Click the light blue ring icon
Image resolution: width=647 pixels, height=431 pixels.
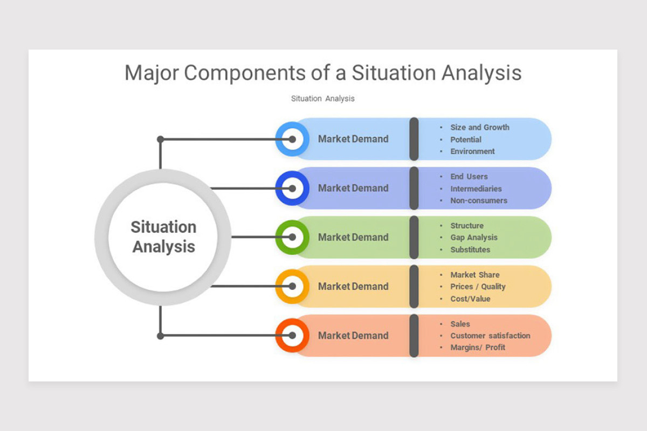click(x=292, y=139)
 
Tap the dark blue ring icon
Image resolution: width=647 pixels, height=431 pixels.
click(x=292, y=188)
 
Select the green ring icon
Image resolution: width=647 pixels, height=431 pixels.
click(x=292, y=237)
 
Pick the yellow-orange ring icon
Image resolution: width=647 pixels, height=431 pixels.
click(x=292, y=286)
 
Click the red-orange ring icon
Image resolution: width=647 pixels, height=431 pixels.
click(x=292, y=335)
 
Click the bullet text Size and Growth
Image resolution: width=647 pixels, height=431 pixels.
click(x=479, y=128)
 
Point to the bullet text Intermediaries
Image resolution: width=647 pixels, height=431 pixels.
click(x=476, y=189)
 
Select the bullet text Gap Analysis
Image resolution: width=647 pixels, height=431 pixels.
click(x=474, y=238)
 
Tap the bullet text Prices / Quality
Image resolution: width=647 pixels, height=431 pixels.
click(x=478, y=287)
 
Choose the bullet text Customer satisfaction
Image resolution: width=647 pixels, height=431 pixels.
click(x=490, y=336)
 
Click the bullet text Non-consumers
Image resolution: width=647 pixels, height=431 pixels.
click(x=479, y=200)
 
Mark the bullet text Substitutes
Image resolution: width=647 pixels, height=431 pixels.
click(x=470, y=249)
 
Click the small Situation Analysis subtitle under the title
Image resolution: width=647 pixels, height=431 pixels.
click(x=322, y=99)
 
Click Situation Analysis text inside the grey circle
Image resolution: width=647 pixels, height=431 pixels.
click(x=163, y=237)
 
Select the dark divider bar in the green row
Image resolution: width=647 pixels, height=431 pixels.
click(x=414, y=237)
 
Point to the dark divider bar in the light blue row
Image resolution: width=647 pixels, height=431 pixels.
click(x=414, y=139)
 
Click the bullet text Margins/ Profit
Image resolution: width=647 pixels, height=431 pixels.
click(x=478, y=347)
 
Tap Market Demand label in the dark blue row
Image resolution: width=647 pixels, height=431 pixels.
click(x=353, y=188)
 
